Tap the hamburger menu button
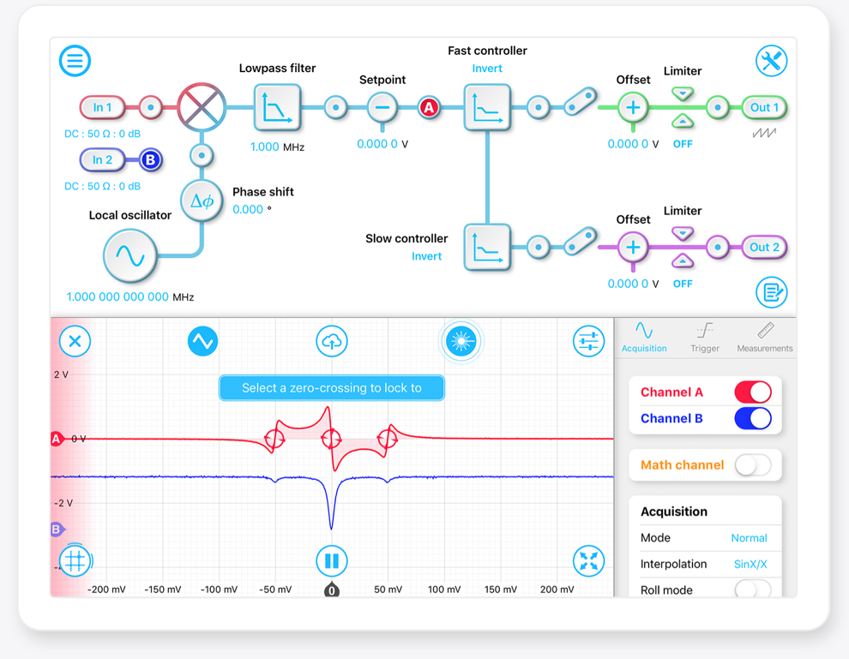(x=75, y=61)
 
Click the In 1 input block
(x=102, y=107)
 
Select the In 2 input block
(x=102, y=159)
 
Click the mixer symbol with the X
(x=202, y=107)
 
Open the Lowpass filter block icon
(x=277, y=107)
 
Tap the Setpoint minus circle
(x=382, y=107)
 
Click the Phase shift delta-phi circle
(x=202, y=201)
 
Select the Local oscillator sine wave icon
(x=130, y=256)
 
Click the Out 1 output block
(x=764, y=107)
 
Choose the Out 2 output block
(x=764, y=248)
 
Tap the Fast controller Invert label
(x=487, y=69)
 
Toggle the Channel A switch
(x=753, y=392)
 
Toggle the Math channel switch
(x=753, y=464)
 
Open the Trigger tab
(x=704, y=338)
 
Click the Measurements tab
(x=765, y=338)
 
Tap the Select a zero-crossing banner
(x=331, y=388)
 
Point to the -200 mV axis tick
(x=106, y=590)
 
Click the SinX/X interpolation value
(x=750, y=564)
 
